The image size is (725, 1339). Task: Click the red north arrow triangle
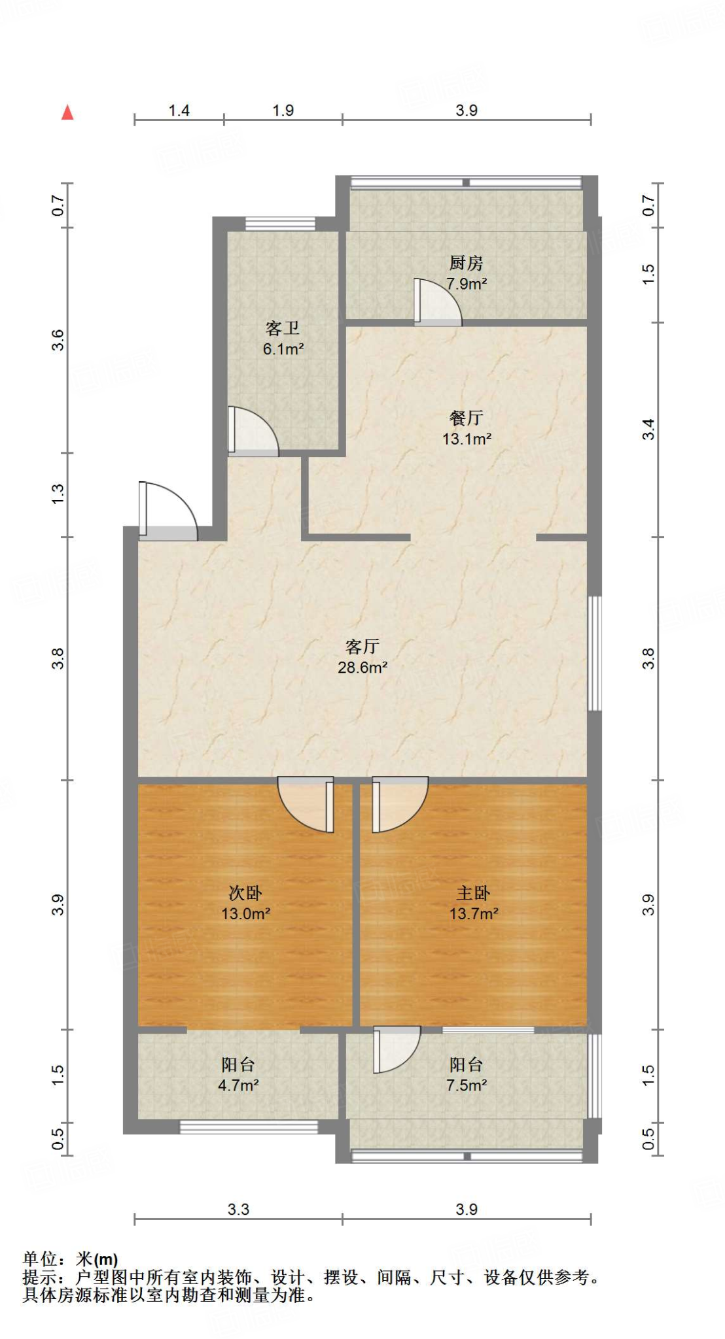[x=67, y=112]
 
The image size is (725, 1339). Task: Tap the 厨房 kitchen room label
[x=466, y=273]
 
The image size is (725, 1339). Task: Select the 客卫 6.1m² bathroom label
[x=283, y=338]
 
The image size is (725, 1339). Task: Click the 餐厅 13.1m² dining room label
[x=467, y=428]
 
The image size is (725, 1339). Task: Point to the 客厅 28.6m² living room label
[x=362, y=656]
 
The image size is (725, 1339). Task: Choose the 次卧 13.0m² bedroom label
[x=245, y=903]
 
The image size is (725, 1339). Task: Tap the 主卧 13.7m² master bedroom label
[x=473, y=903]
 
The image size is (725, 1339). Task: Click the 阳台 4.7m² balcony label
[x=238, y=1075]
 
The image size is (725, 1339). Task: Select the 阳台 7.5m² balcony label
[x=466, y=1075]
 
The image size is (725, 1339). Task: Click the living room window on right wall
[x=594, y=653]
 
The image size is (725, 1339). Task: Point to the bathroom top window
[x=280, y=224]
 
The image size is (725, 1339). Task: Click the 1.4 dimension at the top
[x=179, y=110]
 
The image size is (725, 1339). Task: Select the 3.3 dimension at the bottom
[x=238, y=1209]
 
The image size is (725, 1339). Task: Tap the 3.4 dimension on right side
[x=647, y=429]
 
